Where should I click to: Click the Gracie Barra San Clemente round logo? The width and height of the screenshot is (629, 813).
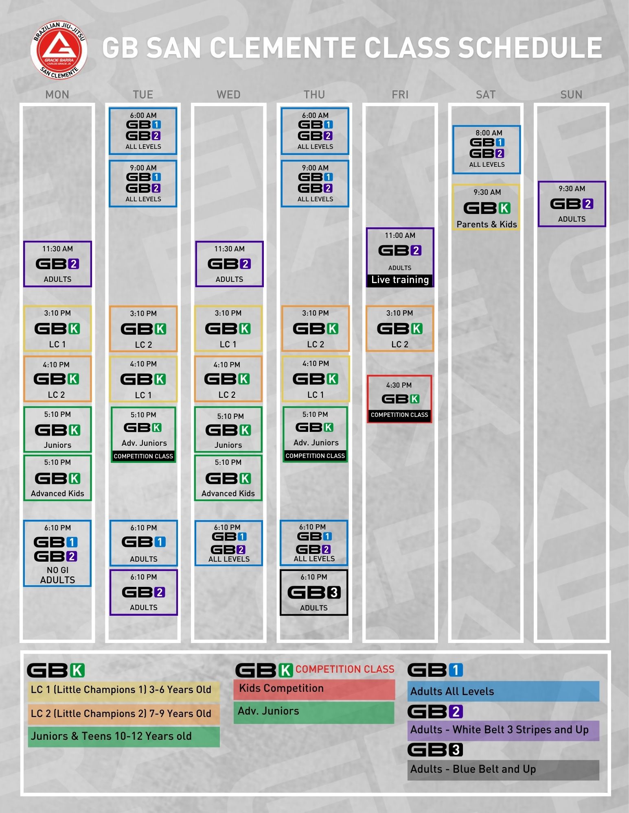pos(59,50)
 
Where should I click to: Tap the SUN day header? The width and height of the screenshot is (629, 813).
pos(571,95)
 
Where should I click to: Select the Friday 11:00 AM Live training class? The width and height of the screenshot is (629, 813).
pos(400,257)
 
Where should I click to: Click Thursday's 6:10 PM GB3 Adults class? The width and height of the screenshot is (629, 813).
pos(314,592)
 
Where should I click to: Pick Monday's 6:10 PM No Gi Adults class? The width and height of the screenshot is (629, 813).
pos(57,553)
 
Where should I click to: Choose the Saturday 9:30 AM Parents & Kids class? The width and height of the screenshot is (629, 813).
pos(487,207)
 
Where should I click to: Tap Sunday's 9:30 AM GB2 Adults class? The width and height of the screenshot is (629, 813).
pos(572,204)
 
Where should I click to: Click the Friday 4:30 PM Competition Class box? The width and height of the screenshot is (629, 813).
pos(399,399)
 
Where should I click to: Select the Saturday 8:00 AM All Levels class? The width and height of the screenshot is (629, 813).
pos(487,150)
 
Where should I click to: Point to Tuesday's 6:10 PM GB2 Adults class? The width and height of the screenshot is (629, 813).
pos(144,592)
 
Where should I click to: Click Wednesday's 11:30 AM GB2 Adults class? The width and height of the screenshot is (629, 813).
pos(229,264)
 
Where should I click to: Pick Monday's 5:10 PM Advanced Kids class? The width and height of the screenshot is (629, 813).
pos(57,478)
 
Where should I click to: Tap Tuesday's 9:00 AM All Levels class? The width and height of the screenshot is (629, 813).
pos(143,183)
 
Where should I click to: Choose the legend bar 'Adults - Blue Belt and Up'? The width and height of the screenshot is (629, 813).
pos(503,770)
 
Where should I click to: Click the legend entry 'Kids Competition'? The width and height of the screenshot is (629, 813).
pos(314,689)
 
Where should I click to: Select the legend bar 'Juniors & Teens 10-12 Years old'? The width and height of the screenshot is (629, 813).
pos(124,737)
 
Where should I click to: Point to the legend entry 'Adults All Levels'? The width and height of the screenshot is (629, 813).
pos(503,691)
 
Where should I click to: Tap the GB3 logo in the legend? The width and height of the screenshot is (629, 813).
pos(435,750)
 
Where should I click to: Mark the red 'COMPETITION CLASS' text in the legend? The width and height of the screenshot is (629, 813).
pos(345,669)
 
